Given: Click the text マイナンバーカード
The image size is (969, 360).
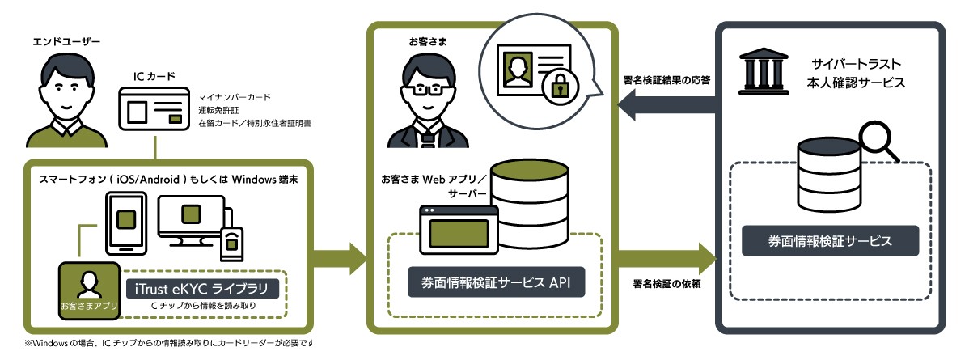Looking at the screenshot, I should tap(235, 97).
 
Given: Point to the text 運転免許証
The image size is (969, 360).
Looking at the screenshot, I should tap(219, 111).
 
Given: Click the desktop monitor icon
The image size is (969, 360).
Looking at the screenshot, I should tap(190, 217).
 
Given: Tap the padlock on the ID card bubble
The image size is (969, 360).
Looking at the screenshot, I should tap(557, 87).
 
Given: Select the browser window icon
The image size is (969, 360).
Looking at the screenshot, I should tap(458, 229).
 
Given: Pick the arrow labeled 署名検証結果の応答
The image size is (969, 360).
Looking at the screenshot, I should tap(667, 103).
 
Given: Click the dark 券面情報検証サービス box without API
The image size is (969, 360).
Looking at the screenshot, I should tap(831, 241).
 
